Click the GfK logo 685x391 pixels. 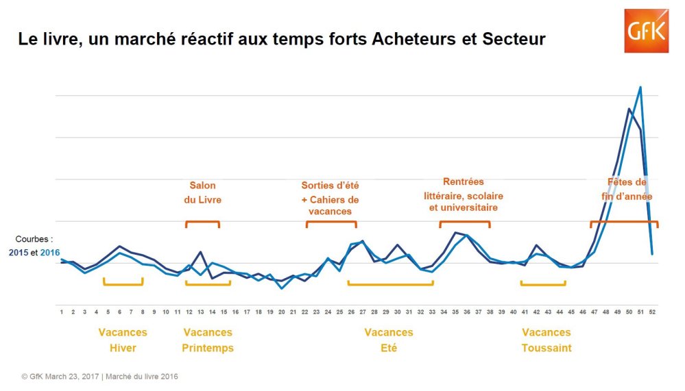(646, 31)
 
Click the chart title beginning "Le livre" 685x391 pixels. (282, 39)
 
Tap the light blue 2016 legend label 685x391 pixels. (50, 253)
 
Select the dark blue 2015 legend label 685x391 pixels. (18, 253)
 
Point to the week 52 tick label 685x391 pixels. (652, 312)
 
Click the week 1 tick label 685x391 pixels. (62, 312)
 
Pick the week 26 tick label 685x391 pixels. (351, 312)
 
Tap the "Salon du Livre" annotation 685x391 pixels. (203, 192)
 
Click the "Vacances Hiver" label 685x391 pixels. (123, 340)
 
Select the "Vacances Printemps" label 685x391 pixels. (208, 340)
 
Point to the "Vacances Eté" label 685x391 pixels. (389, 340)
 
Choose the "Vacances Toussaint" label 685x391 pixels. (546, 340)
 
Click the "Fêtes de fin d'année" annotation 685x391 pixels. (627, 189)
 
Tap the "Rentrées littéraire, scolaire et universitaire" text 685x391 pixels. (464, 194)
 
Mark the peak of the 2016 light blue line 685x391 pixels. (640, 87)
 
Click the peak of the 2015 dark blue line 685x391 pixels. (629, 109)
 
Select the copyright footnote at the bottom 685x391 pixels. (99, 377)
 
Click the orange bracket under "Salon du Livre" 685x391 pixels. (202, 222)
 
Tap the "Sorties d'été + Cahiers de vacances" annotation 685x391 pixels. (331, 198)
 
